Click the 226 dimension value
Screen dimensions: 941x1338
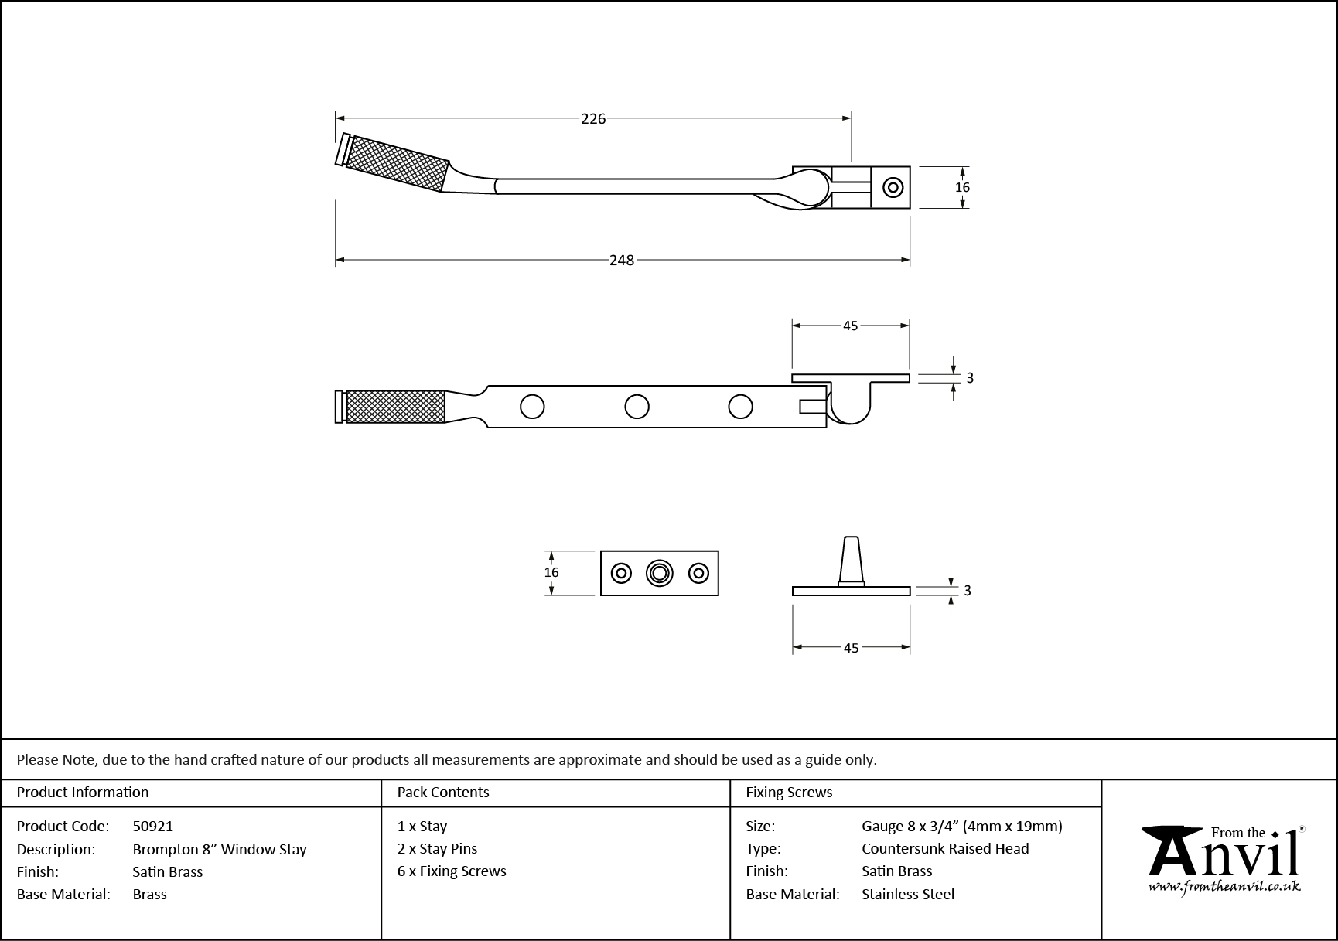click(x=593, y=118)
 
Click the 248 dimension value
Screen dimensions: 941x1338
click(x=621, y=261)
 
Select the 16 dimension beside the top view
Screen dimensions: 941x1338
click(x=962, y=187)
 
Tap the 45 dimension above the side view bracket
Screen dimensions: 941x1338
click(x=850, y=326)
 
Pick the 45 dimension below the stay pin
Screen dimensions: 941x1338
click(x=851, y=648)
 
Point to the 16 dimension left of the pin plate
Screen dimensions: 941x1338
click(x=551, y=572)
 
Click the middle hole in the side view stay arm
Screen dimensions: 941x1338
click(x=637, y=406)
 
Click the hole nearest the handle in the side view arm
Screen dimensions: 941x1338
click(x=532, y=406)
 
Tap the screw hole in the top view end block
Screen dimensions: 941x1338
click(x=893, y=187)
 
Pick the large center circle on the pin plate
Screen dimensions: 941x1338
click(x=659, y=573)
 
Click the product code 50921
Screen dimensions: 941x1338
click(x=153, y=826)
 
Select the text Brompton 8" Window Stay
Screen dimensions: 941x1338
click(x=220, y=849)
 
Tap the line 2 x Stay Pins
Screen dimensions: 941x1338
click(x=437, y=848)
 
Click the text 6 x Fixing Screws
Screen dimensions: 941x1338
click(x=452, y=871)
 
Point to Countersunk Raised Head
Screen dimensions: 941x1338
click(x=945, y=848)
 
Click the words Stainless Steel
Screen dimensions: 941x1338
click(x=908, y=894)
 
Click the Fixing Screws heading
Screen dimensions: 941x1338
click(x=789, y=792)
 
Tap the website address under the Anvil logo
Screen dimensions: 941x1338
click(x=1224, y=887)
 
